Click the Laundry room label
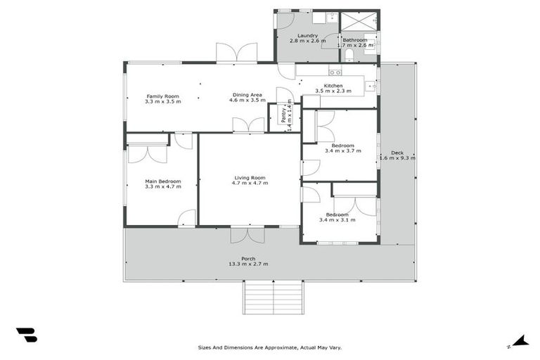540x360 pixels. point(307,35)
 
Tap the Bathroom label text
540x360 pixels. point(354,40)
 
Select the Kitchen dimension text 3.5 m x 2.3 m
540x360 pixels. point(328,91)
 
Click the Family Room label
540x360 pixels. point(162,96)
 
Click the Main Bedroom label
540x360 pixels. point(162,181)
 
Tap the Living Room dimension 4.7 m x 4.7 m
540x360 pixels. point(250,183)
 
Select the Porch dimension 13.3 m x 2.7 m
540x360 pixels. point(249,264)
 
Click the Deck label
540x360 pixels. point(397,153)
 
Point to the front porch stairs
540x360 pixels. point(274,297)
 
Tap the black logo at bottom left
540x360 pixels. point(26,335)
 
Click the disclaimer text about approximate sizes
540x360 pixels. point(270,347)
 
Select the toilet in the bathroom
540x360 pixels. point(349,55)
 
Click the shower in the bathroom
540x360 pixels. point(359,20)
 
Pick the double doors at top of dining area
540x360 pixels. point(236,53)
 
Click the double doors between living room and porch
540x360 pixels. point(247,234)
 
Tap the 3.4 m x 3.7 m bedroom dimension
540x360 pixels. point(342,150)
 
